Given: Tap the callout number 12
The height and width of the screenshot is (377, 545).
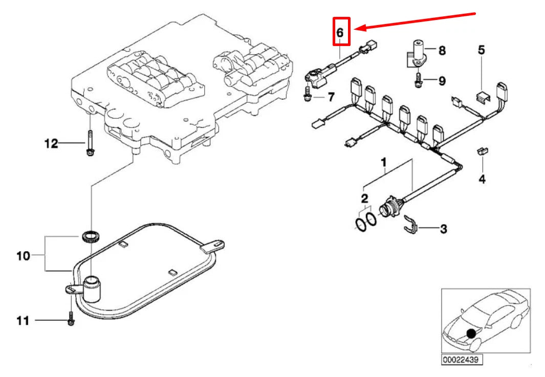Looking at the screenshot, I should click(51, 144).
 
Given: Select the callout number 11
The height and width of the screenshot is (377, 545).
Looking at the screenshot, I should click(23, 321).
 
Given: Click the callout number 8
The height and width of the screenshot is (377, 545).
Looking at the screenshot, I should click(442, 51).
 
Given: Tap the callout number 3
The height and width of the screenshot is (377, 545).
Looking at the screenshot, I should click(443, 229).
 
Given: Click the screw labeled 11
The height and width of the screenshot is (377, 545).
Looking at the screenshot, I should click(71, 318).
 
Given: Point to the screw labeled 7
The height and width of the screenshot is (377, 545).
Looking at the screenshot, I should click(307, 94).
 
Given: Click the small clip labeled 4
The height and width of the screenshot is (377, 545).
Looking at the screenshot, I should click(482, 151).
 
